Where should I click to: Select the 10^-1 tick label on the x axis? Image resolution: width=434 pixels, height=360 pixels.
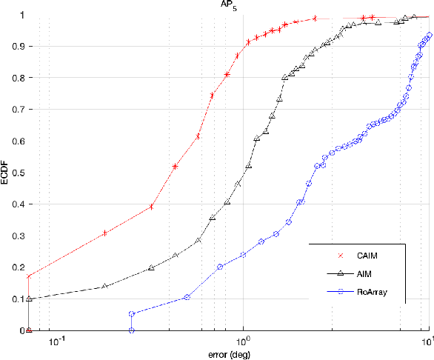57,340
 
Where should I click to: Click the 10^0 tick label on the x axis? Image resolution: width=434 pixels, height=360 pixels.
243,340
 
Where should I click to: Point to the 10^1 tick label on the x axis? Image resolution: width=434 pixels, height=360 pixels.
427,340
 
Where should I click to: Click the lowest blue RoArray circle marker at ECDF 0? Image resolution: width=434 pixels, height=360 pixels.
131,330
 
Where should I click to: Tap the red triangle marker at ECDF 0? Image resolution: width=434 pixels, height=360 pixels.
29,330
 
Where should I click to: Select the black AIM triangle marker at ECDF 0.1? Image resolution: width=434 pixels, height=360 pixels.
29,299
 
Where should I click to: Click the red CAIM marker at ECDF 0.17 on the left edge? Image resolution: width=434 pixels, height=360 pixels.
29,277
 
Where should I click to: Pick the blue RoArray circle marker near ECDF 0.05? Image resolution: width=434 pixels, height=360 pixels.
131,314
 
